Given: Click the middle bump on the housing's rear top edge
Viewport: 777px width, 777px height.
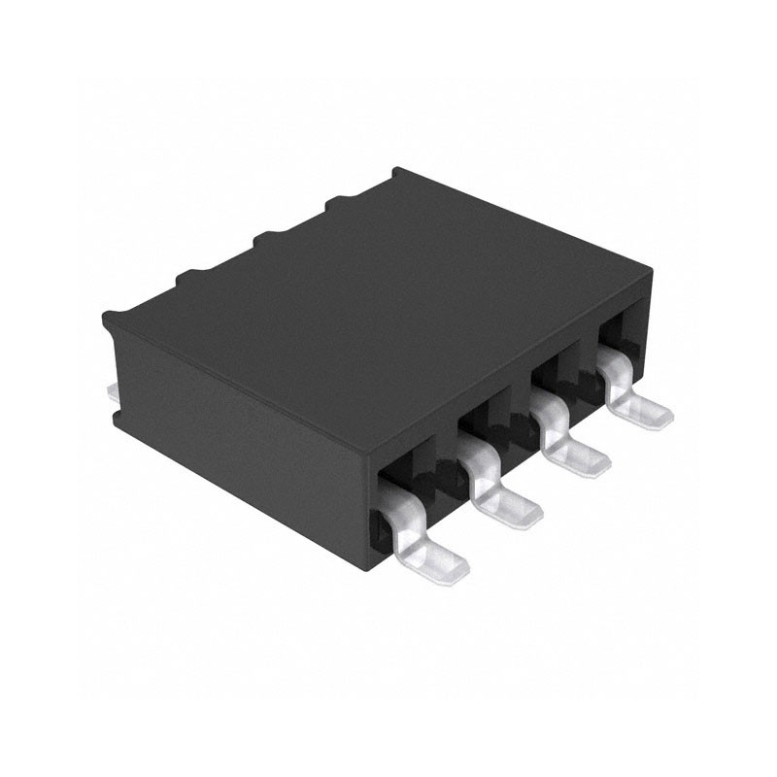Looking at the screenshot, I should (x=261, y=239).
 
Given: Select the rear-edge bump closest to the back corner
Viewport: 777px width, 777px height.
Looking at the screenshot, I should (x=336, y=201).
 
